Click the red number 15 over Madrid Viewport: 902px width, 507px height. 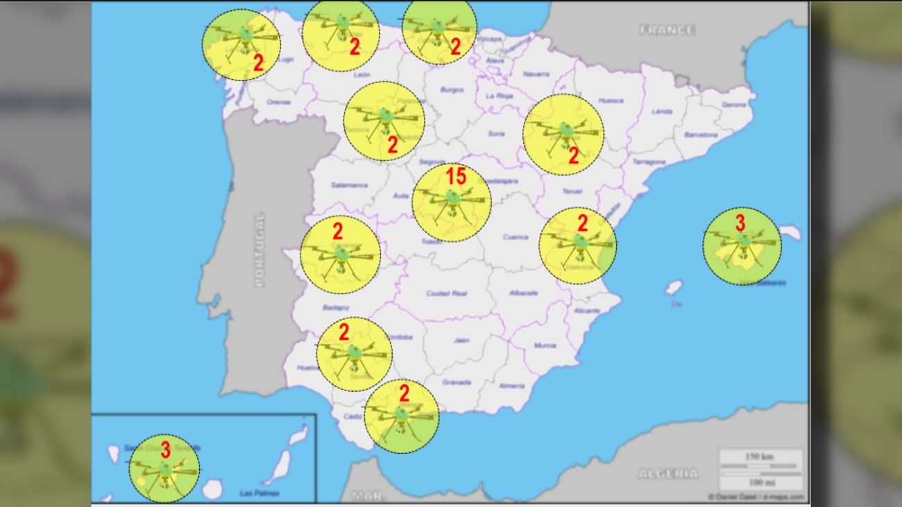click(x=456, y=176)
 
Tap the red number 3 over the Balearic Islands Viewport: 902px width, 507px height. click(x=740, y=223)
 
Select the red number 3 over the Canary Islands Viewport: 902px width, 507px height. click(x=165, y=449)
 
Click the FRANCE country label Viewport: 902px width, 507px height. click(x=666, y=31)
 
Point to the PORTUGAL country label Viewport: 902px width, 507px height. click(x=259, y=250)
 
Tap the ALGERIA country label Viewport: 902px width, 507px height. click(x=668, y=474)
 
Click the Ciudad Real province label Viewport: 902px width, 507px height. click(x=447, y=293)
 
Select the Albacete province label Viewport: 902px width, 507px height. click(x=523, y=293)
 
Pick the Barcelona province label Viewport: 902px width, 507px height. click(x=700, y=135)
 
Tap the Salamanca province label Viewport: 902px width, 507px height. click(x=349, y=185)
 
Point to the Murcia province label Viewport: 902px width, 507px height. click(x=545, y=345)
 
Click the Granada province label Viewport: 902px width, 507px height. click(x=457, y=382)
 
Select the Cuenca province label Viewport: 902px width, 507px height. click(x=516, y=237)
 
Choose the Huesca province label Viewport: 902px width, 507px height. click(x=611, y=101)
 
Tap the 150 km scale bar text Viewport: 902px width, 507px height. click(x=760, y=456)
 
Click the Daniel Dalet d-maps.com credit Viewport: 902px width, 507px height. click(x=756, y=497)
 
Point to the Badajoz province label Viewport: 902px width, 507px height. click(x=336, y=307)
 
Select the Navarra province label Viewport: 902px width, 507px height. click(x=536, y=74)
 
